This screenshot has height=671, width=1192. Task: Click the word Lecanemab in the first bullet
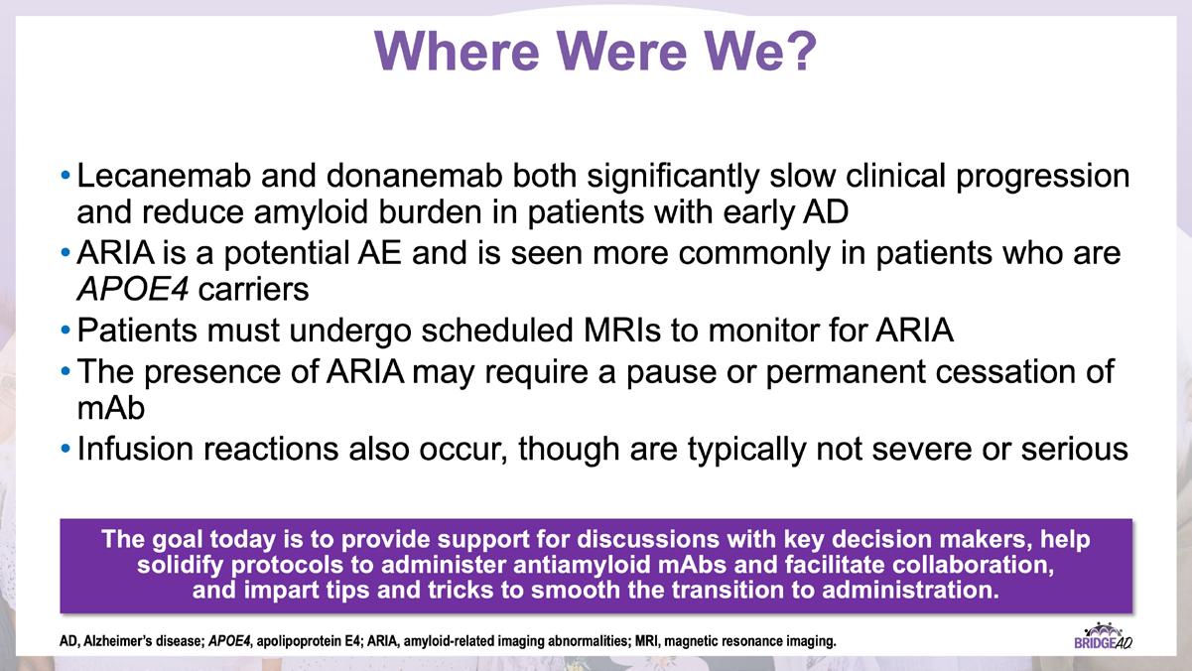[164, 176]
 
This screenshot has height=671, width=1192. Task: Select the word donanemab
[414, 176]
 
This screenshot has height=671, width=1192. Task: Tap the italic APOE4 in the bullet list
[133, 290]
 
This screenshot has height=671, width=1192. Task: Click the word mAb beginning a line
[111, 408]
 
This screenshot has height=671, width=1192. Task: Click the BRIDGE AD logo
[1103, 636]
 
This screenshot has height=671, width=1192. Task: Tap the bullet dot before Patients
[66, 331]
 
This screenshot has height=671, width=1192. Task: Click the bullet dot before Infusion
[66, 449]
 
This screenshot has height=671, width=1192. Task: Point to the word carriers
[253, 290]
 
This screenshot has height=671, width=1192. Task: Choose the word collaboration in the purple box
[973, 565]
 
